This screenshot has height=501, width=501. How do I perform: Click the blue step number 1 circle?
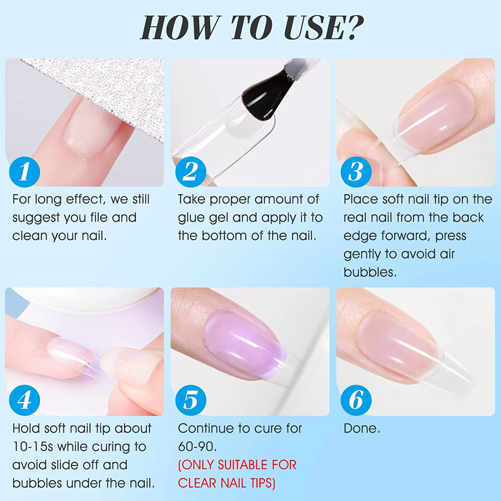24,172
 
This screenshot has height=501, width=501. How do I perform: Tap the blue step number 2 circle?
191,172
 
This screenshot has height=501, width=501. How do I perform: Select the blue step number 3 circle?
356,172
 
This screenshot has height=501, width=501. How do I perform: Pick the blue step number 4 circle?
24,400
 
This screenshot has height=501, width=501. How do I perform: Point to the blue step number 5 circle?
191,400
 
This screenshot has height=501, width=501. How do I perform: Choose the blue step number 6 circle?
356,400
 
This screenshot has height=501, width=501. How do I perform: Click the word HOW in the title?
180,27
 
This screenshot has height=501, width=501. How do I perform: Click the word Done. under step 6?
362,428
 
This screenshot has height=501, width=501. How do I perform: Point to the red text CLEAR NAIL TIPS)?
226,483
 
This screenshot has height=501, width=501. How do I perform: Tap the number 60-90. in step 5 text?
197,447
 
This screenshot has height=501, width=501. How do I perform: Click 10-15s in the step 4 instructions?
33,447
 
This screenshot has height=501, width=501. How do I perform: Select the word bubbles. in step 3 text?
370,272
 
